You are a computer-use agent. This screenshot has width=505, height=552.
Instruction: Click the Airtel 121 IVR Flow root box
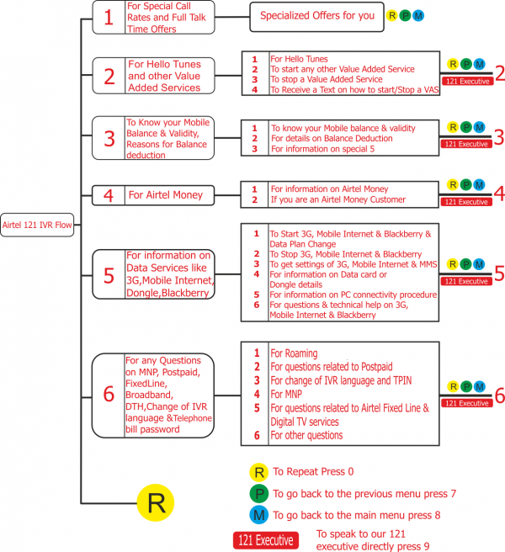[37, 225]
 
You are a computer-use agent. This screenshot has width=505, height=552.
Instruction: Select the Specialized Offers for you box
[316, 17]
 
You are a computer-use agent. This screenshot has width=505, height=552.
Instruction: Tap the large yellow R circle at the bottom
[156, 502]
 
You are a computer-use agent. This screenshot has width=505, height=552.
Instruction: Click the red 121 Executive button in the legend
[265, 540]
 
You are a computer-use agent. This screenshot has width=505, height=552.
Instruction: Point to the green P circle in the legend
[259, 494]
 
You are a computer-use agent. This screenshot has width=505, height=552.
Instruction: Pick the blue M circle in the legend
[259, 515]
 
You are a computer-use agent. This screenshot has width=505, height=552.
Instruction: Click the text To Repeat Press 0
[313, 472]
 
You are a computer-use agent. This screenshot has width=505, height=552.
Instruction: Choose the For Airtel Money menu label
[166, 195]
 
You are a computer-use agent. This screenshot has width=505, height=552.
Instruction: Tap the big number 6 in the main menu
[109, 394]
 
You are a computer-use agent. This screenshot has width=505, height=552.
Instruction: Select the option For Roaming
[294, 353]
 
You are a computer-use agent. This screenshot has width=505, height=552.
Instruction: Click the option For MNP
[286, 394]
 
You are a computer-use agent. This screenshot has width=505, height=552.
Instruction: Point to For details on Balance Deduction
[332, 138]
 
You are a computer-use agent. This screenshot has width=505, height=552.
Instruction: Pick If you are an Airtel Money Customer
[338, 199]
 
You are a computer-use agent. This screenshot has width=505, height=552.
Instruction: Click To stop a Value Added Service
[326, 79]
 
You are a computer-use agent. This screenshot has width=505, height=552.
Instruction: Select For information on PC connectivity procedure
[353, 295]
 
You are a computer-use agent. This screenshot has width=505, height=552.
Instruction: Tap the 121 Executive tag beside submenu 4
[466, 202]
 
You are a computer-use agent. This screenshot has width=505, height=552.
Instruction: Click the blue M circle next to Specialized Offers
[418, 16]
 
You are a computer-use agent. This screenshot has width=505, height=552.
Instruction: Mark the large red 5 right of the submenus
[499, 273]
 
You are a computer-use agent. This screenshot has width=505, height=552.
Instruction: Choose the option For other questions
[306, 436]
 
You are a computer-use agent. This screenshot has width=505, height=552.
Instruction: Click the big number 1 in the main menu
[109, 17]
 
